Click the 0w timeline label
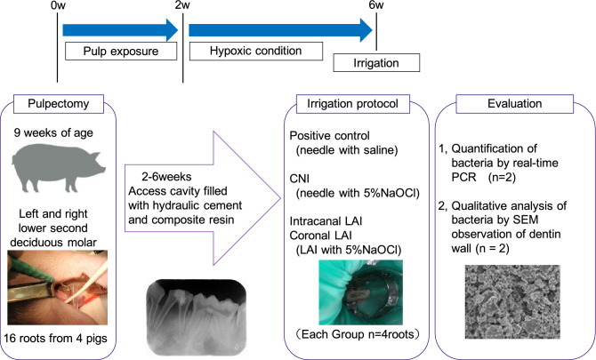pyautogui.click(x=58, y=6)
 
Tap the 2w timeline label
pyautogui.click(x=183, y=6)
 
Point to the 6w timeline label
pyautogui.click(x=376, y=5)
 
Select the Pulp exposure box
pyautogui.click(x=121, y=51)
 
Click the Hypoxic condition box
pyautogui.click(x=256, y=51)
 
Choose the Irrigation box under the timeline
pyautogui.click(x=376, y=62)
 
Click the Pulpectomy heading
pyautogui.click(x=59, y=104)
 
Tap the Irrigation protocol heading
pyautogui.click(x=353, y=104)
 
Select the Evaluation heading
pyautogui.click(x=515, y=104)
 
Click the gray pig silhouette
pyautogui.click(x=58, y=168)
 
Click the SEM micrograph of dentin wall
pyautogui.click(x=512, y=301)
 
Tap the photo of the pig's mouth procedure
pyautogui.click(x=58, y=287)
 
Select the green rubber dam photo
pyautogui.click(x=360, y=292)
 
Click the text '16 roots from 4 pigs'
pyautogui.click(x=55, y=338)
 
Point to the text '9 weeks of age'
pyautogui.click(x=53, y=133)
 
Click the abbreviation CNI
pyautogui.click(x=300, y=179)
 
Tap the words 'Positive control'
pyautogui.click(x=329, y=136)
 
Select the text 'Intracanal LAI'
pyautogui.click(x=326, y=221)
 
